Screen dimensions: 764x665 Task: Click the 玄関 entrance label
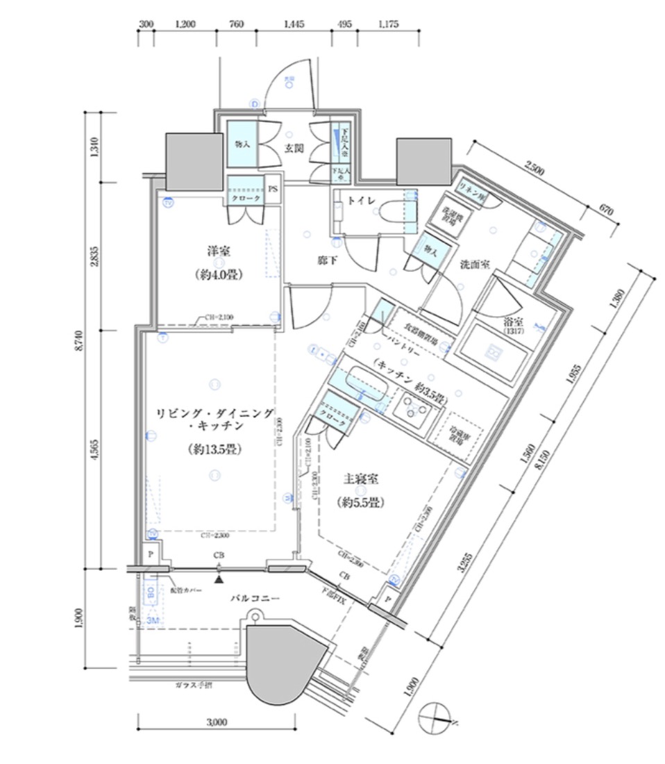click(x=291, y=149)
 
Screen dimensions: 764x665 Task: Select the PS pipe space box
click(x=273, y=188)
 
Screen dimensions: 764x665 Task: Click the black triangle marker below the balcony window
click(x=219, y=578)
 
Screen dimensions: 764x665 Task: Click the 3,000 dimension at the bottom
click(x=217, y=722)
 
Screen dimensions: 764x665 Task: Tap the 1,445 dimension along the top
click(x=293, y=24)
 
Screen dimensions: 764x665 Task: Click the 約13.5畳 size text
click(x=214, y=449)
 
